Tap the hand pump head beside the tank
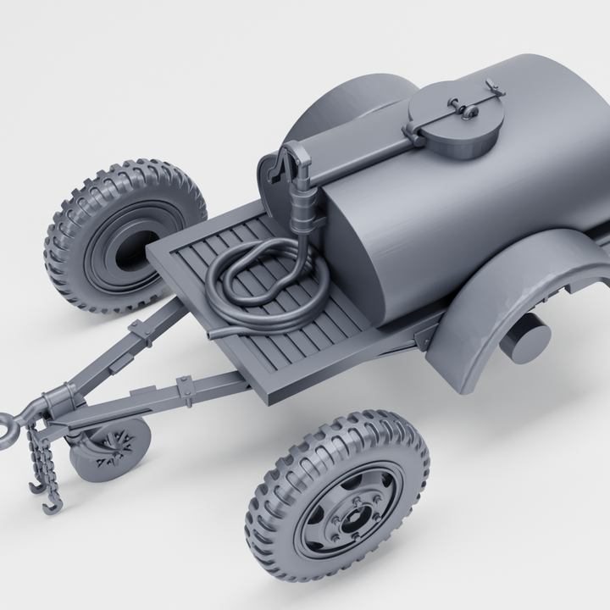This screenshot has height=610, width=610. click(x=288, y=161)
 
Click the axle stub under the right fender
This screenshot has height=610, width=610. click(x=525, y=339)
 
